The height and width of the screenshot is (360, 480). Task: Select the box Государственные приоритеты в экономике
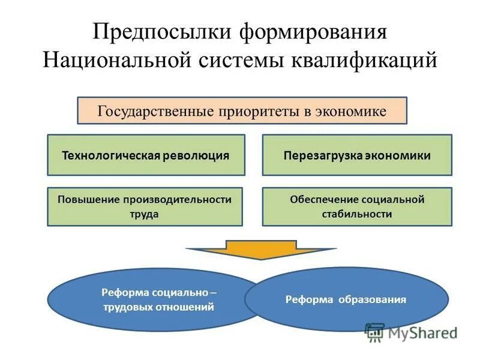[x=242, y=111]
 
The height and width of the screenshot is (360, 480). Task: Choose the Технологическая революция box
[x=146, y=155]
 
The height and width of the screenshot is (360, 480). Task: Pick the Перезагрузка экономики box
[x=357, y=155]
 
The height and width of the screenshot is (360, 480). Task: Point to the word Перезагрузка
[x=325, y=155]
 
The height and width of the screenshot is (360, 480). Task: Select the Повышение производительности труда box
[x=145, y=206]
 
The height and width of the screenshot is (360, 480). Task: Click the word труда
[x=145, y=214]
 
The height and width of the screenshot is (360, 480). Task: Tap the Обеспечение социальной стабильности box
[x=357, y=206]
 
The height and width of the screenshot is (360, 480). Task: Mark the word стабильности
[x=357, y=214]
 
